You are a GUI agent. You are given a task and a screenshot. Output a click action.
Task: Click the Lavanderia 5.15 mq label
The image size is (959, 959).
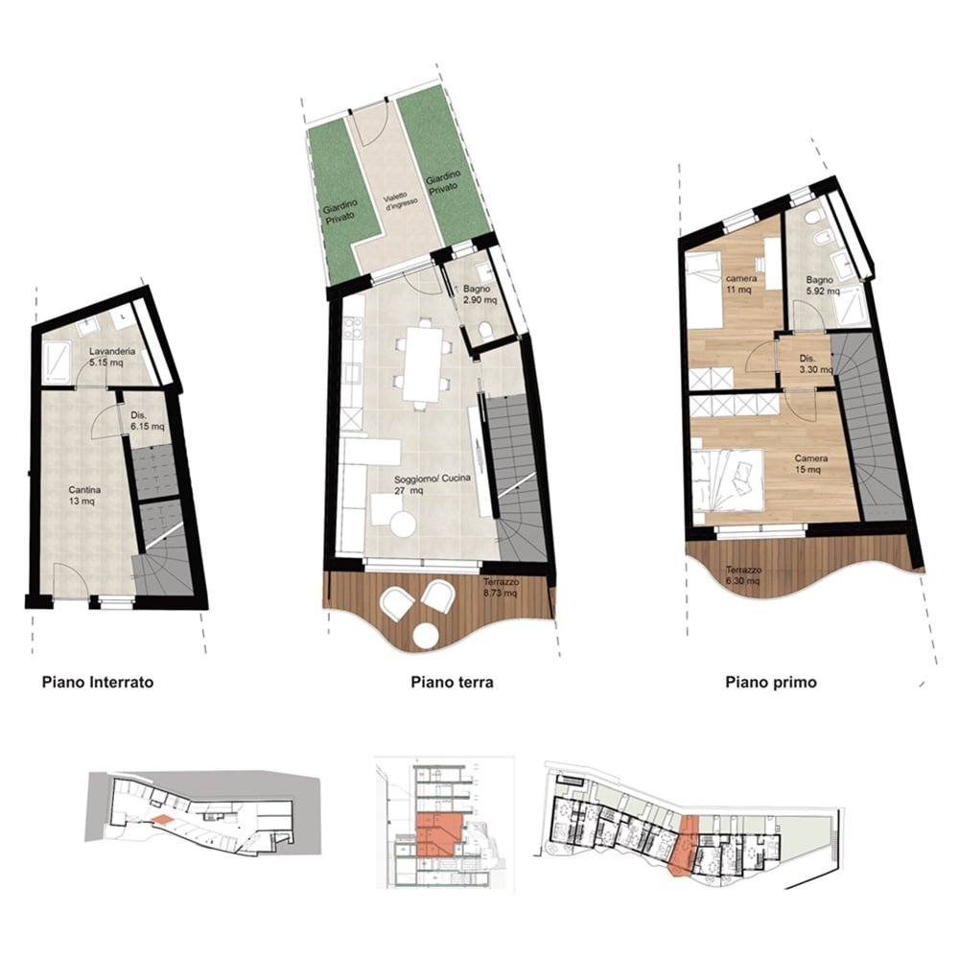tap(112, 357)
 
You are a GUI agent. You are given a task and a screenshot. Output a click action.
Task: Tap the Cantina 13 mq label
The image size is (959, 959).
tap(84, 496)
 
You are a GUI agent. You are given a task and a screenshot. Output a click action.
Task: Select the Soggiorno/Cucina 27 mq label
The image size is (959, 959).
tap(433, 483)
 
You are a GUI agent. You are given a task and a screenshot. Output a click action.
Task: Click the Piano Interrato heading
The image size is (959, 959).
tap(98, 682)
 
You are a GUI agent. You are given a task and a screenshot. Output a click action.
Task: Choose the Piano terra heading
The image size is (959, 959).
tap(452, 682)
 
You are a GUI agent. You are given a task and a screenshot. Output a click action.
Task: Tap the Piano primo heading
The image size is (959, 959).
tap(771, 682)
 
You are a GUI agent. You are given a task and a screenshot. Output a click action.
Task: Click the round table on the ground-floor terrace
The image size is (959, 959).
tap(427, 635)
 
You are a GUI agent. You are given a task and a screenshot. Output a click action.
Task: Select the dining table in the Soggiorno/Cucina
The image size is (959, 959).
tap(423, 363)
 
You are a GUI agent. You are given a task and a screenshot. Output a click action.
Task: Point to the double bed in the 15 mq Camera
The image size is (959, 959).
tap(729, 480)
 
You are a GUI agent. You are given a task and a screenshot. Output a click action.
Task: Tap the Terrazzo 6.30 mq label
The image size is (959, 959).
tap(743, 575)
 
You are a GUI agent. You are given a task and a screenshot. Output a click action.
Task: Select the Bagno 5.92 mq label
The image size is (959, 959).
tap(822, 286)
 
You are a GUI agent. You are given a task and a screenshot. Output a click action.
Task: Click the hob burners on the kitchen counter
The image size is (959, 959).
tap(353, 328)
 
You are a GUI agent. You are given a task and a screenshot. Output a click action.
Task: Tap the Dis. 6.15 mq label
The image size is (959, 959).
tap(148, 421)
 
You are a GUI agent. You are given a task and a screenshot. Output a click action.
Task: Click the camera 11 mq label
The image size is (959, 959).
tap(740, 284)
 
